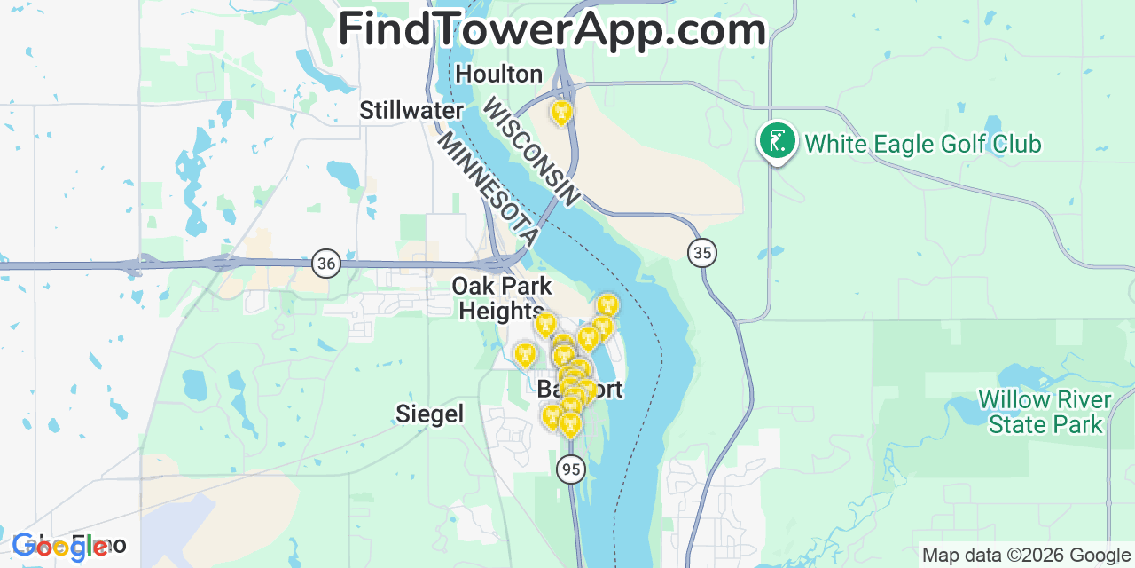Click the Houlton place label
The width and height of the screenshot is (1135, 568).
click(x=498, y=75)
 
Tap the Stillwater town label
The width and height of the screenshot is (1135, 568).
click(x=411, y=111)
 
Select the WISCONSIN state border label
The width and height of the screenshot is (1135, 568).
click(x=530, y=152)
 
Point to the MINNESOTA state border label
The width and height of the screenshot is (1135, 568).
click(x=489, y=190)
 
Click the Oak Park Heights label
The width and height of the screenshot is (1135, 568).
click(x=501, y=298)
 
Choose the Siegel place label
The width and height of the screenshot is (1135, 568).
click(x=430, y=414)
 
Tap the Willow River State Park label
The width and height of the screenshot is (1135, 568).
click(x=1045, y=412)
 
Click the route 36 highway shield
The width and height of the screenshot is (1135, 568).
click(x=326, y=264)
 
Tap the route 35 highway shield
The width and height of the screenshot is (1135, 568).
click(x=702, y=253)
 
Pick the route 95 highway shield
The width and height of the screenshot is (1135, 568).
click(x=571, y=469)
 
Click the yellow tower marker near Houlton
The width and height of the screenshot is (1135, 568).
click(x=560, y=113)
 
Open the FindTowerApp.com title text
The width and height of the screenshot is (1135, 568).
click(x=552, y=29)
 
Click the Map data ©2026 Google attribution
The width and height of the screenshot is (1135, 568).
click(x=1027, y=556)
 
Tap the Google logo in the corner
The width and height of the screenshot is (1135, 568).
click(x=59, y=546)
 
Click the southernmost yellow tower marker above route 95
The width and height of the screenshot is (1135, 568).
click(x=570, y=425)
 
